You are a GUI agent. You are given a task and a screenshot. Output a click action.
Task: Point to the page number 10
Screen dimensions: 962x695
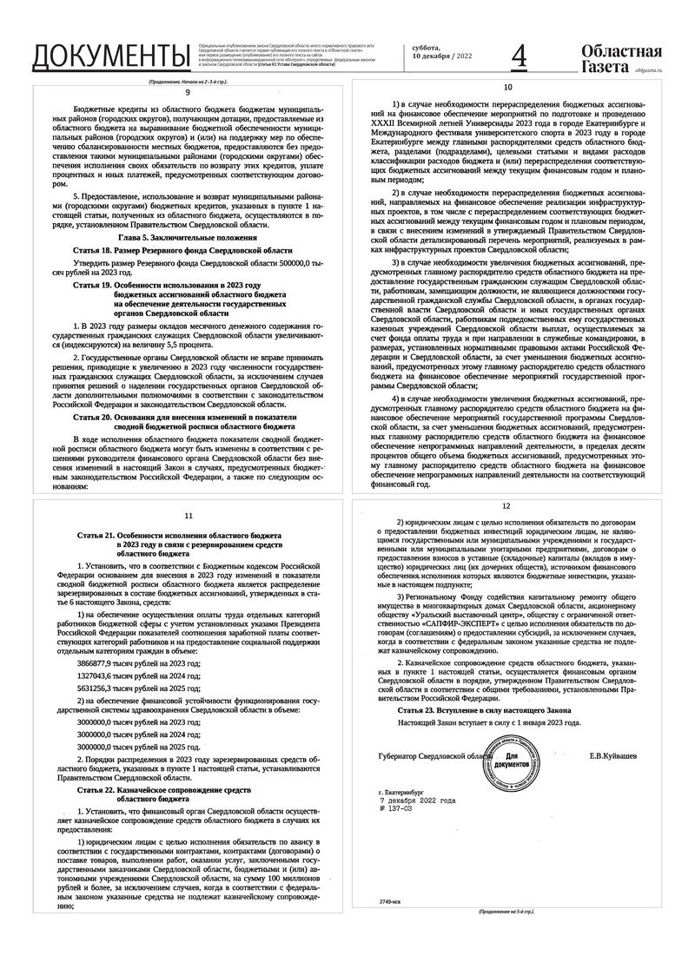508,88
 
